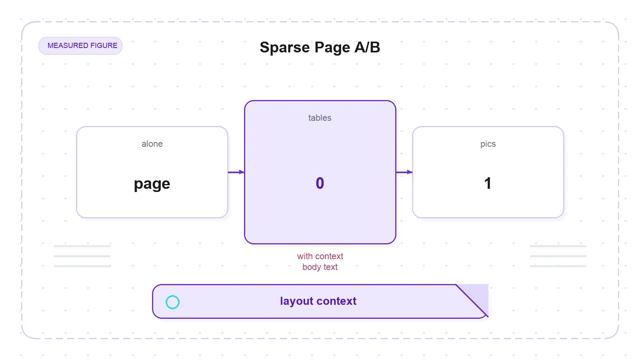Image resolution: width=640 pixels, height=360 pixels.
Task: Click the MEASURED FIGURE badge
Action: pyautogui.click(x=80, y=46)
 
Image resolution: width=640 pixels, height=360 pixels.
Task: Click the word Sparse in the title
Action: pyautogui.click(x=284, y=48)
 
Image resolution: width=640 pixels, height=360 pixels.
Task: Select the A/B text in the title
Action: pyautogui.click(x=367, y=47)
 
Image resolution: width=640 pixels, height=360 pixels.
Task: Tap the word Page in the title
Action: pyautogui.click(x=332, y=48)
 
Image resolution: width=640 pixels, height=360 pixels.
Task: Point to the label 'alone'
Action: pyautogui.click(x=152, y=144)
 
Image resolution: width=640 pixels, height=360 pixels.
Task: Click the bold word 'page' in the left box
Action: pyautogui.click(x=152, y=184)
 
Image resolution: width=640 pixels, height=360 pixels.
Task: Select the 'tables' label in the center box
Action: pyautogui.click(x=320, y=118)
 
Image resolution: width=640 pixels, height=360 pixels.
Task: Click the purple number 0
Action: pyautogui.click(x=320, y=183)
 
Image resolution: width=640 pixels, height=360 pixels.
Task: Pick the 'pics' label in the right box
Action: pyautogui.click(x=488, y=144)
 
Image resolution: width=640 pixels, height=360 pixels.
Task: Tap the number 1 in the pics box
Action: pyautogui.click(x=488, y=183)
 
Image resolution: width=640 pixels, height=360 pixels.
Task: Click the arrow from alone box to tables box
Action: pyautogui.click(x=236, y=172)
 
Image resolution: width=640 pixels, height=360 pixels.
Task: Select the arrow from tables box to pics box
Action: pyautogui.click(x=404, y=172)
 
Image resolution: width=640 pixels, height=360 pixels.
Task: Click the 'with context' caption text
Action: pyautogui.click(x=320, y=256)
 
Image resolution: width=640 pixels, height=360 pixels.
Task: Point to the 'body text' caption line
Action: pyautogui.click(x=320, y=267)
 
